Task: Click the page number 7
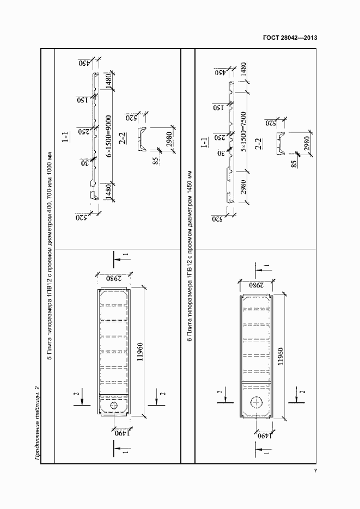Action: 315,471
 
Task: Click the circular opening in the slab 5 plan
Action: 114,407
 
